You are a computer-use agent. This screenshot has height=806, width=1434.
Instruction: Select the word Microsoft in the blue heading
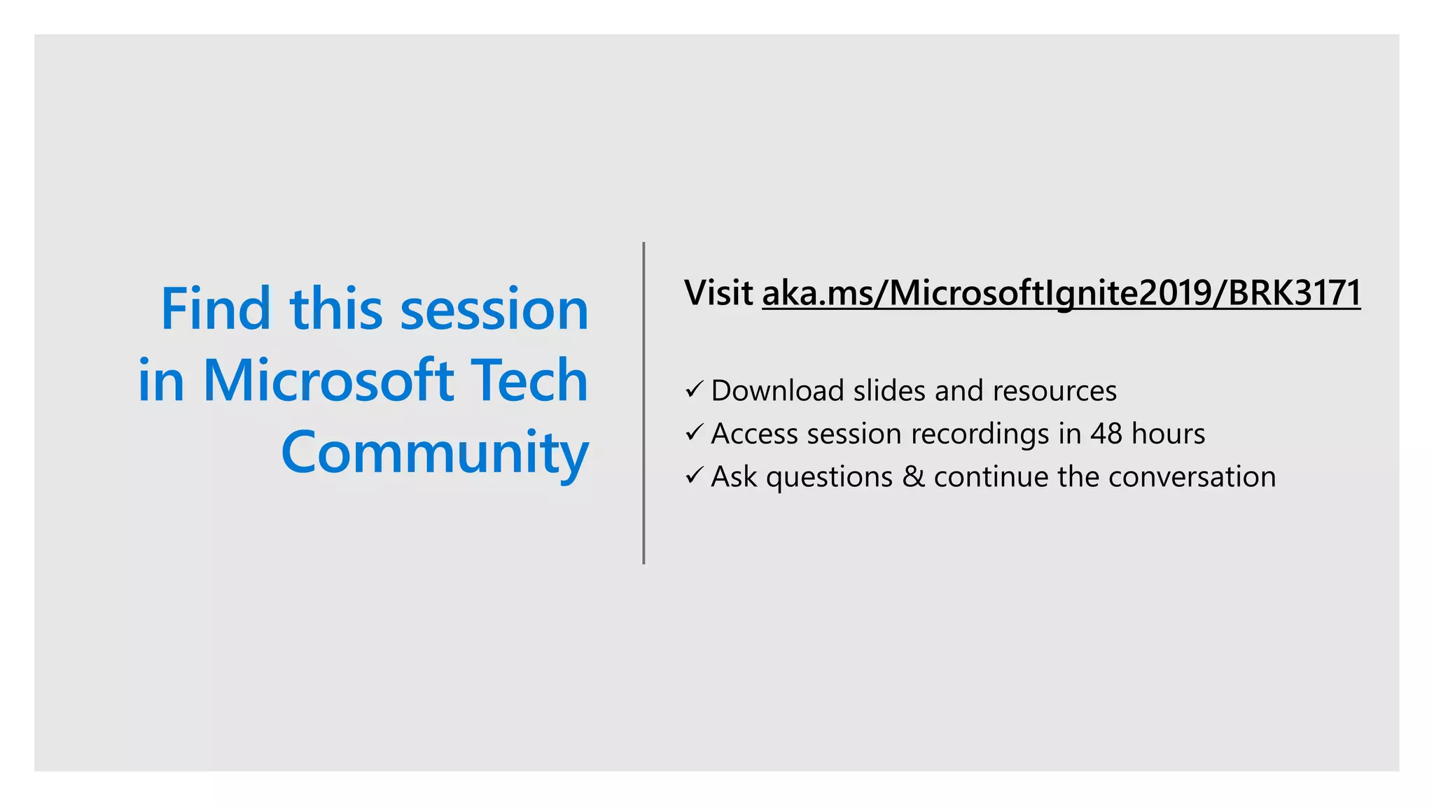coord(328,381)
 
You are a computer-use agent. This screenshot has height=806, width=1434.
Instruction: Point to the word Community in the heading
coord(434,453)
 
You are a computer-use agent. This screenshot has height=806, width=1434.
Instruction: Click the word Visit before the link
coord(718,292)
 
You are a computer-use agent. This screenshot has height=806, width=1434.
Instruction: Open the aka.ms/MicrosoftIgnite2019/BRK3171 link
coord(1061,292)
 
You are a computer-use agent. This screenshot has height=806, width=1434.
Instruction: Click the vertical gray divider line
coord(643,403)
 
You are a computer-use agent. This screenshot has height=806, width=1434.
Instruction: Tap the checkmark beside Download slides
coord(694,389)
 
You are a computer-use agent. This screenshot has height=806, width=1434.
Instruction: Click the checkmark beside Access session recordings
coord(694,432)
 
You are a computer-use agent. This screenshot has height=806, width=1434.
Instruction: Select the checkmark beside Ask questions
coord(694,476)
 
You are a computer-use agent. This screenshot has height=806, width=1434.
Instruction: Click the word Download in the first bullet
coord(777,390)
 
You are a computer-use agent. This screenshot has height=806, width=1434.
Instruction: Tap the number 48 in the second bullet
coord(1106,434)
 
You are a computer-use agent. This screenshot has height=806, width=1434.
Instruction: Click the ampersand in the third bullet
coord(913,477)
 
